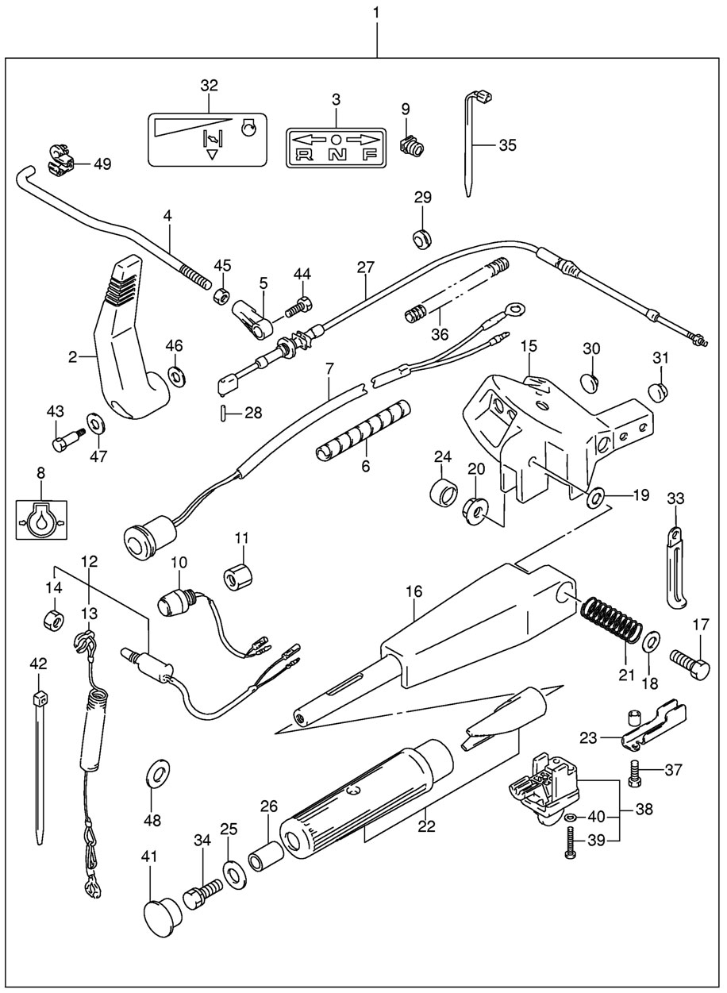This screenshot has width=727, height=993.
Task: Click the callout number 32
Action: [209, 86]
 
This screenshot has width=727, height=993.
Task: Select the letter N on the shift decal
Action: [336, 155]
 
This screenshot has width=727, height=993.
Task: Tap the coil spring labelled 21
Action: [613, 620]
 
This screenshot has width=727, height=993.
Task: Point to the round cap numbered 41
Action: [163, 917]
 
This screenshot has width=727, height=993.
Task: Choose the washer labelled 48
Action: [159, 771]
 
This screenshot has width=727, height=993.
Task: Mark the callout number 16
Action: [414, 591]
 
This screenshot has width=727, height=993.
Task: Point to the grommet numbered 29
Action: [421, 238]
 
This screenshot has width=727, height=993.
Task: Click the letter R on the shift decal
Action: [303, 155]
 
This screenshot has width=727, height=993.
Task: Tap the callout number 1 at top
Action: [377, 13]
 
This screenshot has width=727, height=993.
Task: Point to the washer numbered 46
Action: [175, 373]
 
